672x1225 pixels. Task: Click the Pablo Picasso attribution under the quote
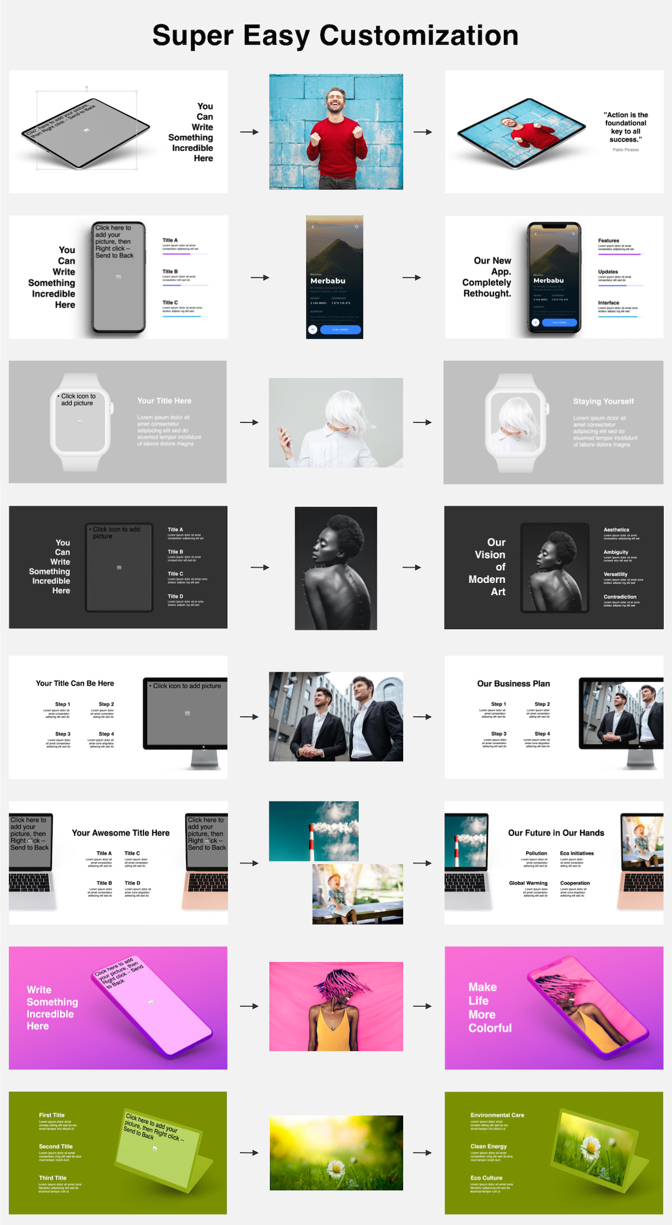click(626, 150)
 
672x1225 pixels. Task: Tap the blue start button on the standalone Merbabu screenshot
click(340, 329)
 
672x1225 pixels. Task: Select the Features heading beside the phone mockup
click(609, 240)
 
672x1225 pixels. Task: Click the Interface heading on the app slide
click(609, 302)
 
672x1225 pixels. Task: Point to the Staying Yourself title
click(603, 401)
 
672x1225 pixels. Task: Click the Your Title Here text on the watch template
click(164, 400)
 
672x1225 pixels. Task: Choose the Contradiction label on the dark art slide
click(620, 597)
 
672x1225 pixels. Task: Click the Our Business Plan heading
click(513, 683)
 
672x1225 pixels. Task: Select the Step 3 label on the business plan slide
click(498, 733)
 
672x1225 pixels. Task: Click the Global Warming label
click(528, 883)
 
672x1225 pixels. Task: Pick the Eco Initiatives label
click(577, 853)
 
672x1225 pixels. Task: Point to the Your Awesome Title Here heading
click(120, 833)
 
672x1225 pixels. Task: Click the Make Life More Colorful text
click(489, 1007)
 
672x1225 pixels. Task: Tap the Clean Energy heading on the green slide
click(488, 1146)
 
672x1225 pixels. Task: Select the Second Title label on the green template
click(55, 1146)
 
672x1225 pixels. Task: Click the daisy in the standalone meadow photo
click(335, 1168)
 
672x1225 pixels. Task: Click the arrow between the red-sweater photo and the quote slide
click(423, 132)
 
